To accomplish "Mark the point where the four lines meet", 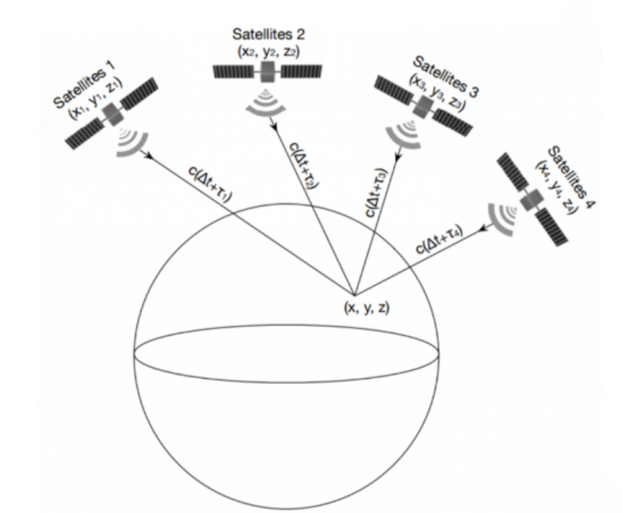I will point(353,294).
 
